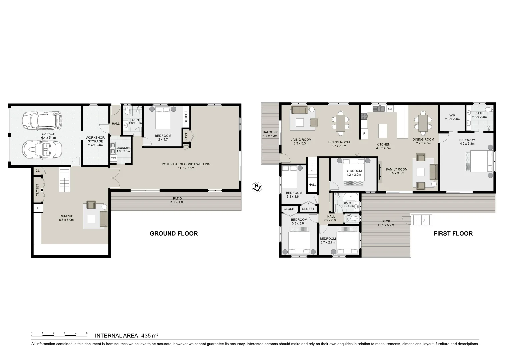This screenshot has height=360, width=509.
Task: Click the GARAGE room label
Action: coord(48,134)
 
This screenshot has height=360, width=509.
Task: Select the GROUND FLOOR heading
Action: coord(174,234)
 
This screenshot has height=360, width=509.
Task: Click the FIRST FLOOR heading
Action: coord(453,234)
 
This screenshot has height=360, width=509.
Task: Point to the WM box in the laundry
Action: coord(114,158)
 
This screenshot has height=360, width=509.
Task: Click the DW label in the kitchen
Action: coord(390,109)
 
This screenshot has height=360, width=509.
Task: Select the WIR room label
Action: coord(452,115)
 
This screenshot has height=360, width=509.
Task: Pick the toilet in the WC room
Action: coord(355,219)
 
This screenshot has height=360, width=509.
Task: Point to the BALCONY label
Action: coord(270,132)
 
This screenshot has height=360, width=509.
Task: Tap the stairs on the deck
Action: coord(421,220)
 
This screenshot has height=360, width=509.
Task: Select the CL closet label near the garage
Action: coord(38,171)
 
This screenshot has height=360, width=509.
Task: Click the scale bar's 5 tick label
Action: coord(87,333)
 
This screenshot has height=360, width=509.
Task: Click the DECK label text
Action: coord(386,221)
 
